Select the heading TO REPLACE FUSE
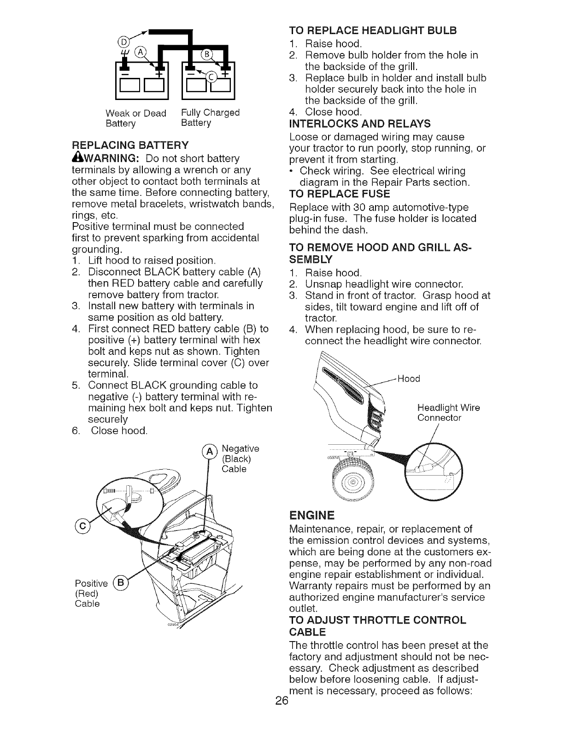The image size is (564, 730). (339, 193)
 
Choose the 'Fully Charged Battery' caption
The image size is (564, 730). (210, 118)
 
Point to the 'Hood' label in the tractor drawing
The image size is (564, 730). (409, 379)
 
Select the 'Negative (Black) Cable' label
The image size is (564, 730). (240, 459)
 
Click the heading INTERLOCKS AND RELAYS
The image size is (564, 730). (359, 124)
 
